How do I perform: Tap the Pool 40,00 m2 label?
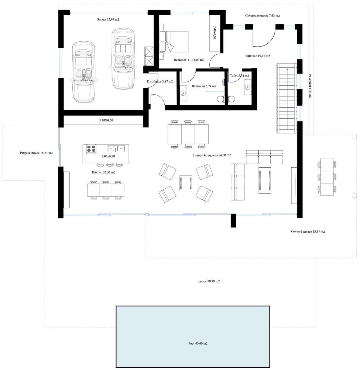tap(196, 343)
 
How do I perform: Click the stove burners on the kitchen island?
tap(91, 149)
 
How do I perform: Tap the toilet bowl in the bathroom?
tap(221, 99)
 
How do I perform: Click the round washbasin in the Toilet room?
tap(247, 87)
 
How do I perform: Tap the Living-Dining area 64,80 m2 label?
tap(211, 155)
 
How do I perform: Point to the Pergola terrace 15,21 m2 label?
tap(34, 153)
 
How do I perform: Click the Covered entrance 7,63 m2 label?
tap(262, 16)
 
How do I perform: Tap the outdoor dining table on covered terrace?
tap(327, 177)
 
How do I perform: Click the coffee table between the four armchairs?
tap(186, 183)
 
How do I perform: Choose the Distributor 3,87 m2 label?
tap(160, 82)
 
